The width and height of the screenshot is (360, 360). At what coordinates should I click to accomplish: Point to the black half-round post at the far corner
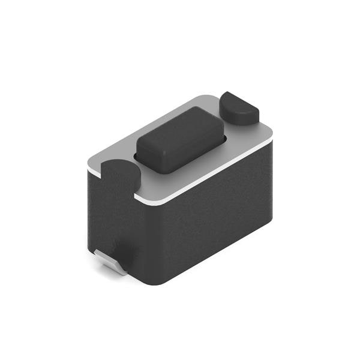pos(238,108)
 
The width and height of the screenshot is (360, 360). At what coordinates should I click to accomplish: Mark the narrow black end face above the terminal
pos(111,216)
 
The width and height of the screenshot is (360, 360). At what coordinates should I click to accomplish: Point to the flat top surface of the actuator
pos(178,129)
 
